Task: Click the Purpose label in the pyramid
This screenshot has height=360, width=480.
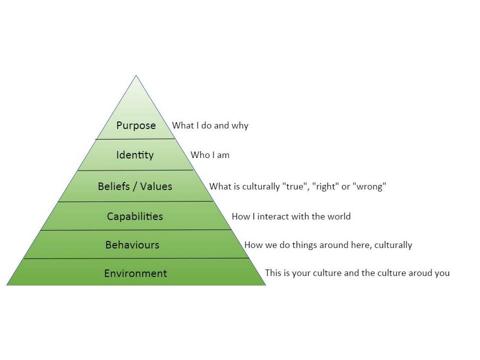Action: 136,125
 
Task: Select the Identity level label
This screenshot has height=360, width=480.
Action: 135,155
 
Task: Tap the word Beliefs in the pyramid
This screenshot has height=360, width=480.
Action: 114,186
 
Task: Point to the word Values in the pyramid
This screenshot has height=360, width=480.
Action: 156,186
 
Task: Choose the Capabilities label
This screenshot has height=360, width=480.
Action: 135,216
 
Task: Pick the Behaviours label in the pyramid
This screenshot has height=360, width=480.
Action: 132,245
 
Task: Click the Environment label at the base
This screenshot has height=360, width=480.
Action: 135,273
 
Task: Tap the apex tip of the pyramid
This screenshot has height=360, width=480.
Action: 136,75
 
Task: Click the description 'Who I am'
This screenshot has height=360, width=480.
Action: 210,155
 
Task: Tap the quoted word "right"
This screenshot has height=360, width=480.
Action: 325,186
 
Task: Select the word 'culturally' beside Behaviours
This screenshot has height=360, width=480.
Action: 393,245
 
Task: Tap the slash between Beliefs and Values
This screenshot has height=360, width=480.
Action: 135,186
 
